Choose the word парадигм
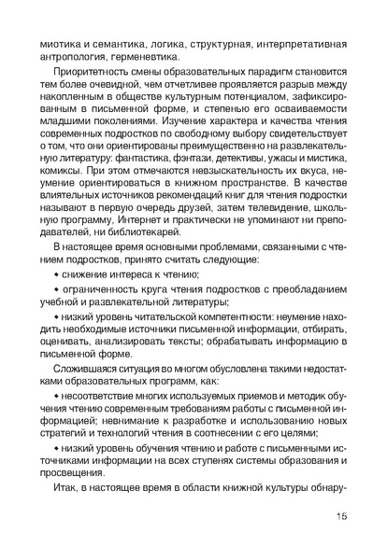tap(250, 71)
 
